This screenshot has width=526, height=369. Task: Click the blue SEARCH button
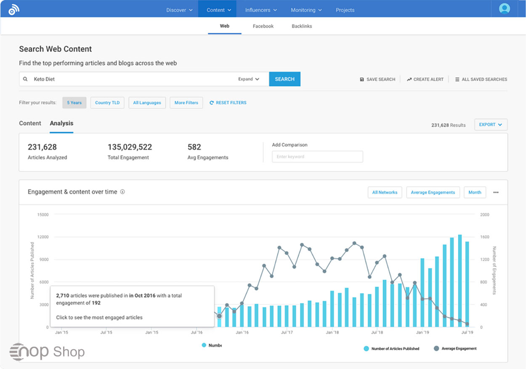click(284, 79)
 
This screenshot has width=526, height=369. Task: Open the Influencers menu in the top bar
click(261, 10)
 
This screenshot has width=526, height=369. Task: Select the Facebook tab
click(263, 26)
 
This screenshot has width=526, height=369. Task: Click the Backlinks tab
click(302, 26)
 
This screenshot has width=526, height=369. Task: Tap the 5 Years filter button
click(74, 103)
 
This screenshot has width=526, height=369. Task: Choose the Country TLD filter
click(107, 103)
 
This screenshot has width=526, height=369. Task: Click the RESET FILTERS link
click(228, 103)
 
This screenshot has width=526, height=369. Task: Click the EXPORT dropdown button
click(491, 125)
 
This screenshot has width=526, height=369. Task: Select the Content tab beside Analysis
click(30, 123)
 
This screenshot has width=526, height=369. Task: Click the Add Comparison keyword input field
click(317, 157)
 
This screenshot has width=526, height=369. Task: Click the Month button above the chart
click(475, 193)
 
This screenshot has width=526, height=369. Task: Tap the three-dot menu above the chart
click(496, 193)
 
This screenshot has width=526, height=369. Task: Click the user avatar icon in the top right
click(504, 8)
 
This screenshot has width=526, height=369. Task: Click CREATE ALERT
click(425, 79)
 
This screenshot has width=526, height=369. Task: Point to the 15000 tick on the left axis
click(43, 215)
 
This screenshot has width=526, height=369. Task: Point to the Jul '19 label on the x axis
click(468, 332)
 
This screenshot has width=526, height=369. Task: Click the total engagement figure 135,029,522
click(130, 147)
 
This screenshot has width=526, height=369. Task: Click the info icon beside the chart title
click(122, 192)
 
